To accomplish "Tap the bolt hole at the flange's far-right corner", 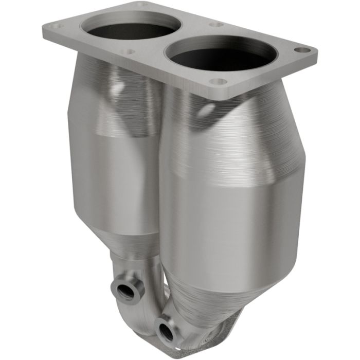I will [x=303, y=50].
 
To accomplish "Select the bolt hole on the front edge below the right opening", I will [x=220, y=82].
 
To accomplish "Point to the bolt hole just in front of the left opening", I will [x=129, y=51].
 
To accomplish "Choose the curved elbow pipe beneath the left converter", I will [x=149, y=303].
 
